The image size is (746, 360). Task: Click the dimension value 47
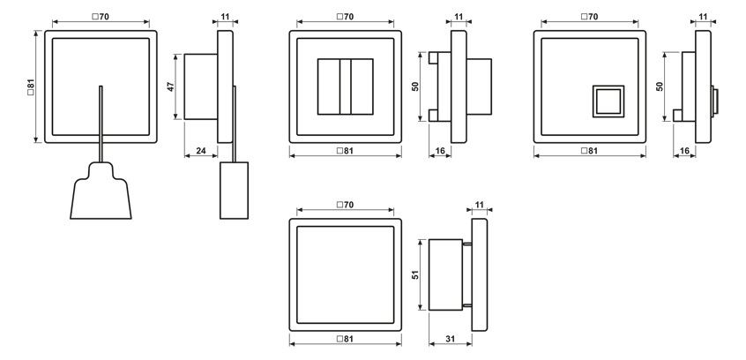click(x=171, y=86)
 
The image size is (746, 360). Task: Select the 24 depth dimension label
click(x=201, y=151)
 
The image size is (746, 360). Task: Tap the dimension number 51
click(x=416, y=274)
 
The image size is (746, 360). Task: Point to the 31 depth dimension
click(x=450, y=339)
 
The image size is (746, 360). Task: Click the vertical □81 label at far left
click(x=31, y=86)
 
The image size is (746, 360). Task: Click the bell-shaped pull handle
click(x=101, y=191)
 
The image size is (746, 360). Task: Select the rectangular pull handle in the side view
click(x=234, y=191)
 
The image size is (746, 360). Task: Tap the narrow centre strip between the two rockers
click(x=346, y=86)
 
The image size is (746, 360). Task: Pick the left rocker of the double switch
click(x=329, y=86)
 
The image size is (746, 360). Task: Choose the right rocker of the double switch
click(x=362, y=86)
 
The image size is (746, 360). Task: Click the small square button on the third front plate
click(x=608, y=101)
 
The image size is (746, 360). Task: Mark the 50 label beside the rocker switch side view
click(x=415, y=86)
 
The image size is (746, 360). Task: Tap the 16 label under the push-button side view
click(x=684, y=151)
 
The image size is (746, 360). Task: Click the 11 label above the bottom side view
click(x=480, y=205)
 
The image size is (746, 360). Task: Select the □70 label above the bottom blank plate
click(x=346, y=205)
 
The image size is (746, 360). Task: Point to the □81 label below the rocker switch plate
click(x=346, y=151)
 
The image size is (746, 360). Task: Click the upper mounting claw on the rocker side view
click(x=434, y=57)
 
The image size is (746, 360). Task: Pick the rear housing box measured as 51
click(x=445, y=274)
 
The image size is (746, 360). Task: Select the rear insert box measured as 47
click(x=201, y=86)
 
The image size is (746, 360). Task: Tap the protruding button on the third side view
click(x=714, y=101)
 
